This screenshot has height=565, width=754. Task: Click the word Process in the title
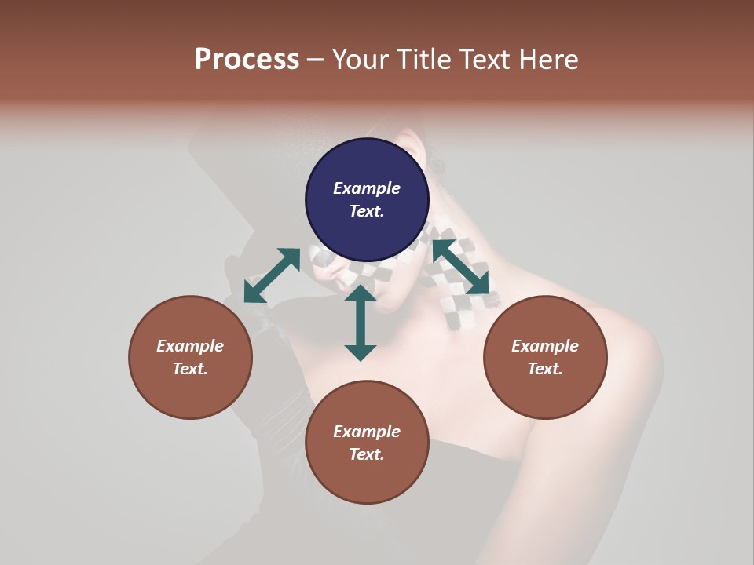(247, 60)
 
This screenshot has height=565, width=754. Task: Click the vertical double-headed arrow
(361, 323)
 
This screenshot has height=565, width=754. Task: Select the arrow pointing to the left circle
(272, 275)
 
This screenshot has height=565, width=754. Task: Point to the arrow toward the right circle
(461, 268)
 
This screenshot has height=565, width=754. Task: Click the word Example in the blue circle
(367, 188)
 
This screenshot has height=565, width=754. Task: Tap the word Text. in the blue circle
(367, 211)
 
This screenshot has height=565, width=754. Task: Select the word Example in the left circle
(190, 346)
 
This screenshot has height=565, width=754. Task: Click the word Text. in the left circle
(190, 369)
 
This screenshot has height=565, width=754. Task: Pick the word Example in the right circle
(545, 346)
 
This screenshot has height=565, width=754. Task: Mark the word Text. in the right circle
(545, 369)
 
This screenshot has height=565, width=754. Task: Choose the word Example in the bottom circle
(367, 432)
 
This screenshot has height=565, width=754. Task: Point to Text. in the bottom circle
(367, 454)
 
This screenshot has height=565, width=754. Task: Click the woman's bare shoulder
(620, 353)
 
